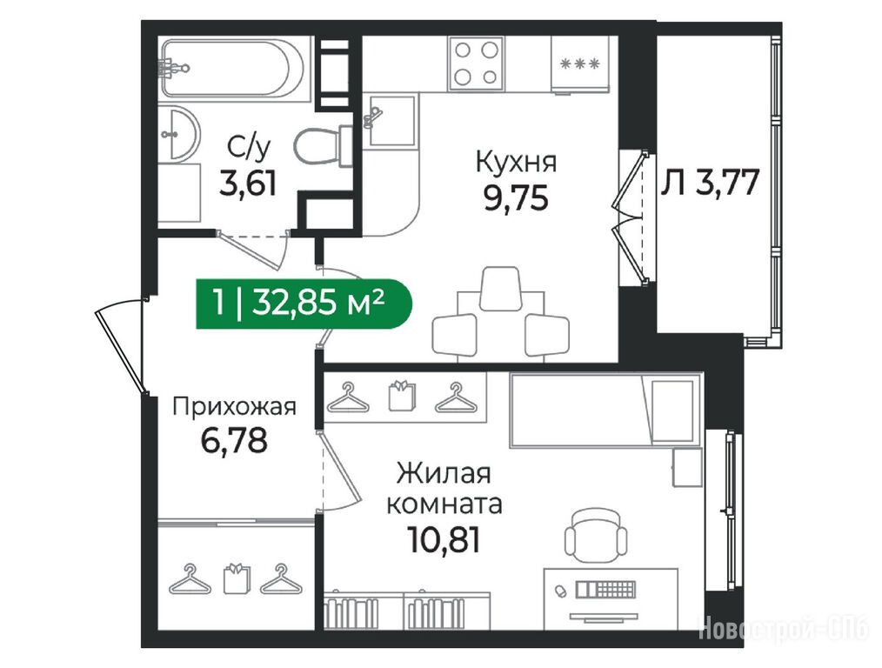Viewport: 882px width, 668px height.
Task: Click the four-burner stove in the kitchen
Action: pyautogui.click(x=476, y=63)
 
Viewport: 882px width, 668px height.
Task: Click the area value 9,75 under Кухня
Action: pyautogui.click(x=515, y=198)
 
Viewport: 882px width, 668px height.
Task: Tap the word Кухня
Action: pyautogui.click(x=516, y=163)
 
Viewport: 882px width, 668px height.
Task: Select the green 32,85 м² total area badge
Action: pyautogui.click(x=304, y=304)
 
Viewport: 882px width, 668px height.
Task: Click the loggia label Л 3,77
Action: pyautogui.click(x=710, y=182)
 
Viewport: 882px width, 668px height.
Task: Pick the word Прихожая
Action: pyautogui.click(x=234, y=406)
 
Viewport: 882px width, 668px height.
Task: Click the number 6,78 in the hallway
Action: pyautogui.click(x=234, y=440)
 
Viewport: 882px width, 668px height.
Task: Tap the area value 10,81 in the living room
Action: pyautogui.click(x=444, y=541)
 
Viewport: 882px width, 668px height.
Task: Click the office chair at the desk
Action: pyautogui.click(x=596, y=535)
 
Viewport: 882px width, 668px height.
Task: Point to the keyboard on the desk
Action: pyautogui.click(x=605, y=590)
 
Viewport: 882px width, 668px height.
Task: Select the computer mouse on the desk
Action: pyautogui.click(x=559, y=591)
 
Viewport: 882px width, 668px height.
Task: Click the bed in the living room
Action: pyautogui.click(x=605, y=410)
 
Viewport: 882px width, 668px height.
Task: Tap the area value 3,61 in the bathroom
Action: pyautogui.click(x=248, y=184)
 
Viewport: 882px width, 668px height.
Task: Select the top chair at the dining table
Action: pyautogui.click(x=499, y=288)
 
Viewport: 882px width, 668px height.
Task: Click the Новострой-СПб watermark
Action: pyautogui.click(x=784, y=628)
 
